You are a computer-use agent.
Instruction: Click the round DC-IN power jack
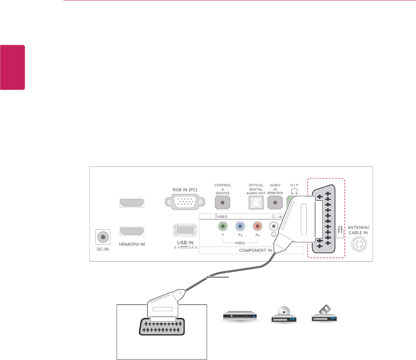click(x=102, y=237)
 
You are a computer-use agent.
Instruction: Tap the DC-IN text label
click(x=102, y=251)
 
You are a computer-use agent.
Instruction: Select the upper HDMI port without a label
click(x=132, y=203)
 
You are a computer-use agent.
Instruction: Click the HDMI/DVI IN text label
click(x=132, y=244)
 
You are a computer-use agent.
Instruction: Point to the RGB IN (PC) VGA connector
click(x=182, y=202)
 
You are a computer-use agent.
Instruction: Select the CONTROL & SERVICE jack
click(x=222, y=202)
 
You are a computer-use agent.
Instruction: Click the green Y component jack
click(x=223, y=226)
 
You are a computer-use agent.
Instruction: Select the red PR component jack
click(x=257, y=226)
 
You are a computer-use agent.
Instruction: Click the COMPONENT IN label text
click(x=251, y=251)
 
